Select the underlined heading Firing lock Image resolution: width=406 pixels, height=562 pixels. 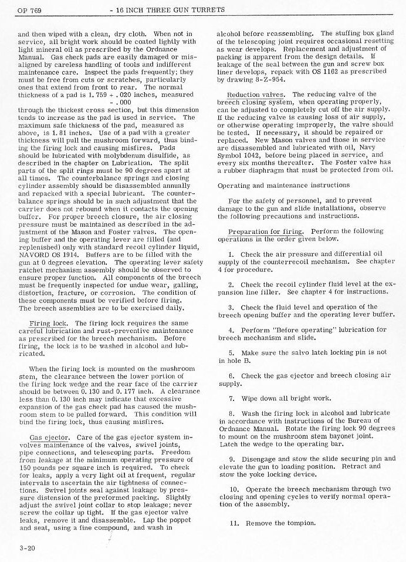[48, 324]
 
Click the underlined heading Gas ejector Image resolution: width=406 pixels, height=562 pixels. [49, 438]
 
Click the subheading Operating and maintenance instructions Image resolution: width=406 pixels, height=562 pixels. [283, 186]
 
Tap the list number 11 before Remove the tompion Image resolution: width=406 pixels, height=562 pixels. [233, 523]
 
